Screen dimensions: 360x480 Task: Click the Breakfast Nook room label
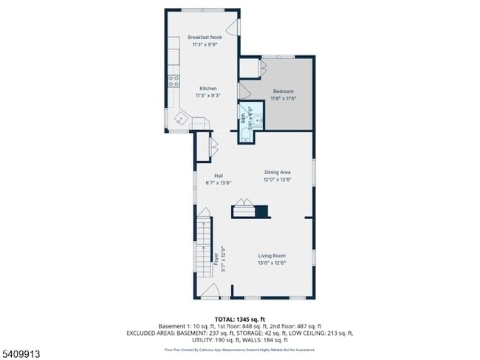tap(205, 37)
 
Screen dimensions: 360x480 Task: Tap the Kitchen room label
tap(207, 89)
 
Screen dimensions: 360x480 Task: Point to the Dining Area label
tap(278, 172)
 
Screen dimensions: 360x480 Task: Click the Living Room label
tap(272, 255)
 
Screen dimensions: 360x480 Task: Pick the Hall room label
tap(219, 176)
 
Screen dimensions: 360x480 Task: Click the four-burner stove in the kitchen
tap(174, 80)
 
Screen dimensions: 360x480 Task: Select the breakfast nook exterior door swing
tap(234, 28)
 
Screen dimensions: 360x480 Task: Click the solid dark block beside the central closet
tap(261, 212)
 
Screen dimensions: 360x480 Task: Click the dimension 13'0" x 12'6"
tap(272, 263)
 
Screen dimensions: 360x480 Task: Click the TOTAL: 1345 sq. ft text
tap(239, 318)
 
